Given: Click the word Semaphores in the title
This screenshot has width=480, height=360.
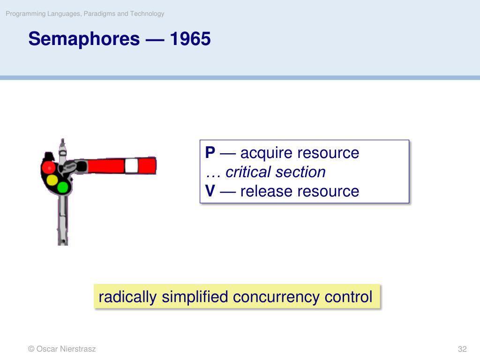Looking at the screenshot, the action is point(84,39).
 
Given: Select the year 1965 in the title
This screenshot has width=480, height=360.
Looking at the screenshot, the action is point(190,39).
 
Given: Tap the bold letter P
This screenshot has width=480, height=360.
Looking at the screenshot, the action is point(210,152).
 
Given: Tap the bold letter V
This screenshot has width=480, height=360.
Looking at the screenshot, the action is point(210,191).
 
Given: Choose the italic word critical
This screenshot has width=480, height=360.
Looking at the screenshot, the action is point(248,172).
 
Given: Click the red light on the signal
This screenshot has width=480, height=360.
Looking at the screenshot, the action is point(48,167).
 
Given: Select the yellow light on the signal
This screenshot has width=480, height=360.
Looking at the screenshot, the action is point(52,180).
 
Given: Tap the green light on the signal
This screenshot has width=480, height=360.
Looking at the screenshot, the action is point(63,187).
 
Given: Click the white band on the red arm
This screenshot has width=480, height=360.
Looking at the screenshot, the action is point(131,166).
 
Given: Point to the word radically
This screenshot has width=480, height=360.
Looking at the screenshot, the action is point(127,297).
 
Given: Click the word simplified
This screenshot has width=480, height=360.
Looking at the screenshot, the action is point(195,297).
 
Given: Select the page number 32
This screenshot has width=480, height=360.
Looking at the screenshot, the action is point(462,349).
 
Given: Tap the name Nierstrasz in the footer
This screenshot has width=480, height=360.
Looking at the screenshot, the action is point(78,349).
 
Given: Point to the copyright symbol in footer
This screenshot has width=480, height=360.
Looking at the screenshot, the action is point(31,349).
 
